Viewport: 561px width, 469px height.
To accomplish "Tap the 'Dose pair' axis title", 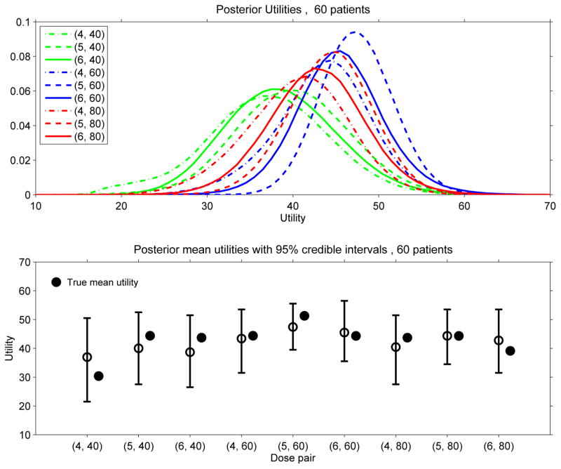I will [294, 458].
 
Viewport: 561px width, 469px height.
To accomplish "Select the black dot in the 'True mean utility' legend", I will [57, 282].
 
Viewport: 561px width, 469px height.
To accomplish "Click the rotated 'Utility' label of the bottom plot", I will [8, 348].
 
